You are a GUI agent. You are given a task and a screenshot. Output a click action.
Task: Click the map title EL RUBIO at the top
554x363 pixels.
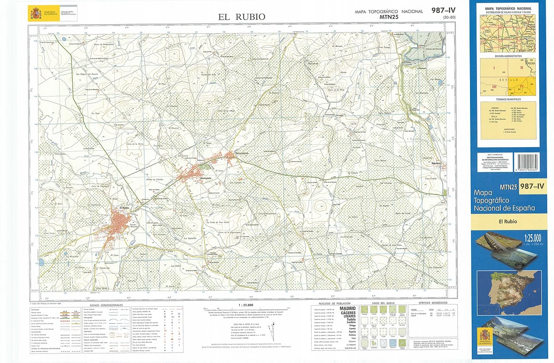tap(242, 17)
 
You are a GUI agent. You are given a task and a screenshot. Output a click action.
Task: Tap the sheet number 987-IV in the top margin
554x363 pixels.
tap(443, 10)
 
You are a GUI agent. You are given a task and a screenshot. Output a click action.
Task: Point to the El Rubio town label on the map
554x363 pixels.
tap(125, 208)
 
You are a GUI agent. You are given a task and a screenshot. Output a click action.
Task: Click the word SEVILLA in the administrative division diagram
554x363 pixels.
tap(504, 80)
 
